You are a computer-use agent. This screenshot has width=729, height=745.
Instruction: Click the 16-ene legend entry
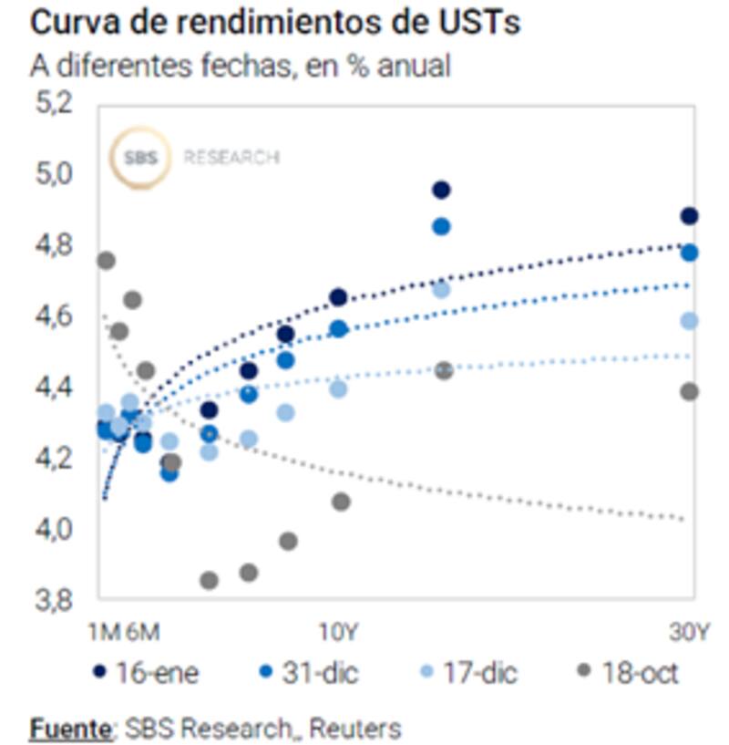[147, 674]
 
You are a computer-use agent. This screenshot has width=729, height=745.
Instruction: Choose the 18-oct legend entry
[629, 674]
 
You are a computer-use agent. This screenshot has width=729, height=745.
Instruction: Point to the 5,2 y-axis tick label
[53, 103]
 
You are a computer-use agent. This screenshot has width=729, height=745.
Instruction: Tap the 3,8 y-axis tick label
[53, 600]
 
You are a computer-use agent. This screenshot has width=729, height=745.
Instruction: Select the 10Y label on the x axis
[338, 632]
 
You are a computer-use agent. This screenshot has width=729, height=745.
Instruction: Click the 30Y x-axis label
[689, 632]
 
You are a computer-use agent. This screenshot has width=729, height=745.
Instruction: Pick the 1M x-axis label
[105, 632]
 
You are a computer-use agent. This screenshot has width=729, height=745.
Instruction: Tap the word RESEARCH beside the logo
[231, 158]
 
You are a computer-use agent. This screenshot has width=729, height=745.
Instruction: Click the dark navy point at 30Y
[689, 216]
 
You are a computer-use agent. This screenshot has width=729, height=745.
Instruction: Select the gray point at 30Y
[689, 391]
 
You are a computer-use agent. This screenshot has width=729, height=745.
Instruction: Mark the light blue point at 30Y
[689, 321]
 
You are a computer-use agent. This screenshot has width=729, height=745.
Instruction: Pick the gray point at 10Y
[342, 502]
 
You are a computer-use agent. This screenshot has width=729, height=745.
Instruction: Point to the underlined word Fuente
[71, 729]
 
